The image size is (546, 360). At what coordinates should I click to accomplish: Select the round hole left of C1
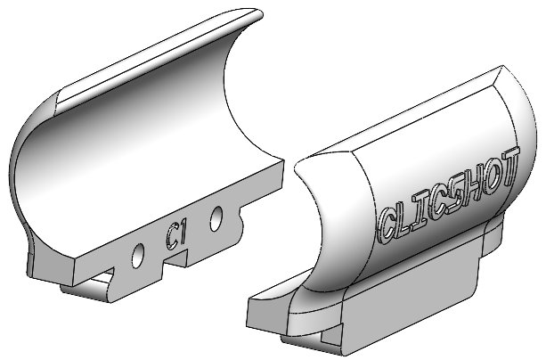(138, 254)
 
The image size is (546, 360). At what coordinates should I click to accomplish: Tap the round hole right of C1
(216, 217)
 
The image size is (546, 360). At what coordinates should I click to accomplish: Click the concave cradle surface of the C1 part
(134, 151)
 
